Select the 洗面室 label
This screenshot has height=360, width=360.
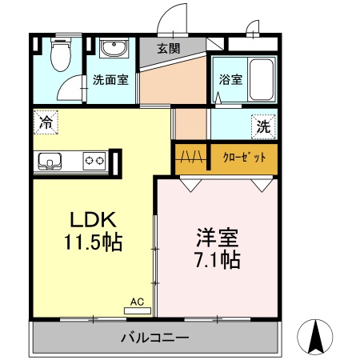[110, 79]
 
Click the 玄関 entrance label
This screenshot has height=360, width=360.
[169, 49]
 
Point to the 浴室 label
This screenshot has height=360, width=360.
[231, 79]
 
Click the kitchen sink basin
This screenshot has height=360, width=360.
[50, 161]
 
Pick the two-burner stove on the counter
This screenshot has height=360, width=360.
[94, 161]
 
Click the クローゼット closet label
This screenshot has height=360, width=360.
[244, 158]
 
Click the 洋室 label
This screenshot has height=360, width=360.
[218, 238]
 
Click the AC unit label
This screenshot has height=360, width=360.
[137, 302]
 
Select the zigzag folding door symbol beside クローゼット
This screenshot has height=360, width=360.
[191, 157]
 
